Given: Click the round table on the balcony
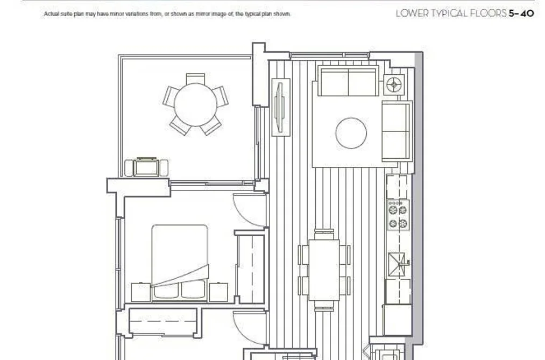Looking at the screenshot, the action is pyautogui.click(x=195, y=104).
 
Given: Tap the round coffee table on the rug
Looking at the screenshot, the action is pyautogui.click(x=351, y=133).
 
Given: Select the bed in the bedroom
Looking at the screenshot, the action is pyautogui.click(x=180, y=263).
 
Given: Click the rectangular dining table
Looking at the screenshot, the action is pyautogui.click(x=324, y=270).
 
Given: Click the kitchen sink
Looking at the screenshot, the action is pyautogui.click(x=397, y=264).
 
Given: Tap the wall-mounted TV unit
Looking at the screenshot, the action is pyautogui.click(x=280, y=107).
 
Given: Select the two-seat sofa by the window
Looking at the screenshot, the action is pyautogui.click(x=348, y=82).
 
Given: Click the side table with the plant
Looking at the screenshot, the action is pyautogui.click(x=394, y=84).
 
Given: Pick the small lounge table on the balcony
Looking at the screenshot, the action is pyautogui.click(x=146, y=167).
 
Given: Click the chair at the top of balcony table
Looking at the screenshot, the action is pyautogui.click(x=195, y=79).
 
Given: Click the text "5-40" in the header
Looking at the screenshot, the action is pyautogui.click(x=521, y=13).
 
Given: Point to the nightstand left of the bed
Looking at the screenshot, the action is pyautogui.click(x=141, y=292).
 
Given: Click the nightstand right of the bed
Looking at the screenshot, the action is pyautogui.click(x=218, y=292).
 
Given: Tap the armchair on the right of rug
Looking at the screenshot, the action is pyautogui.click(x=397, y=131).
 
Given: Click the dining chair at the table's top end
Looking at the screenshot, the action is pyautogui.click(x=324, y=234).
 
